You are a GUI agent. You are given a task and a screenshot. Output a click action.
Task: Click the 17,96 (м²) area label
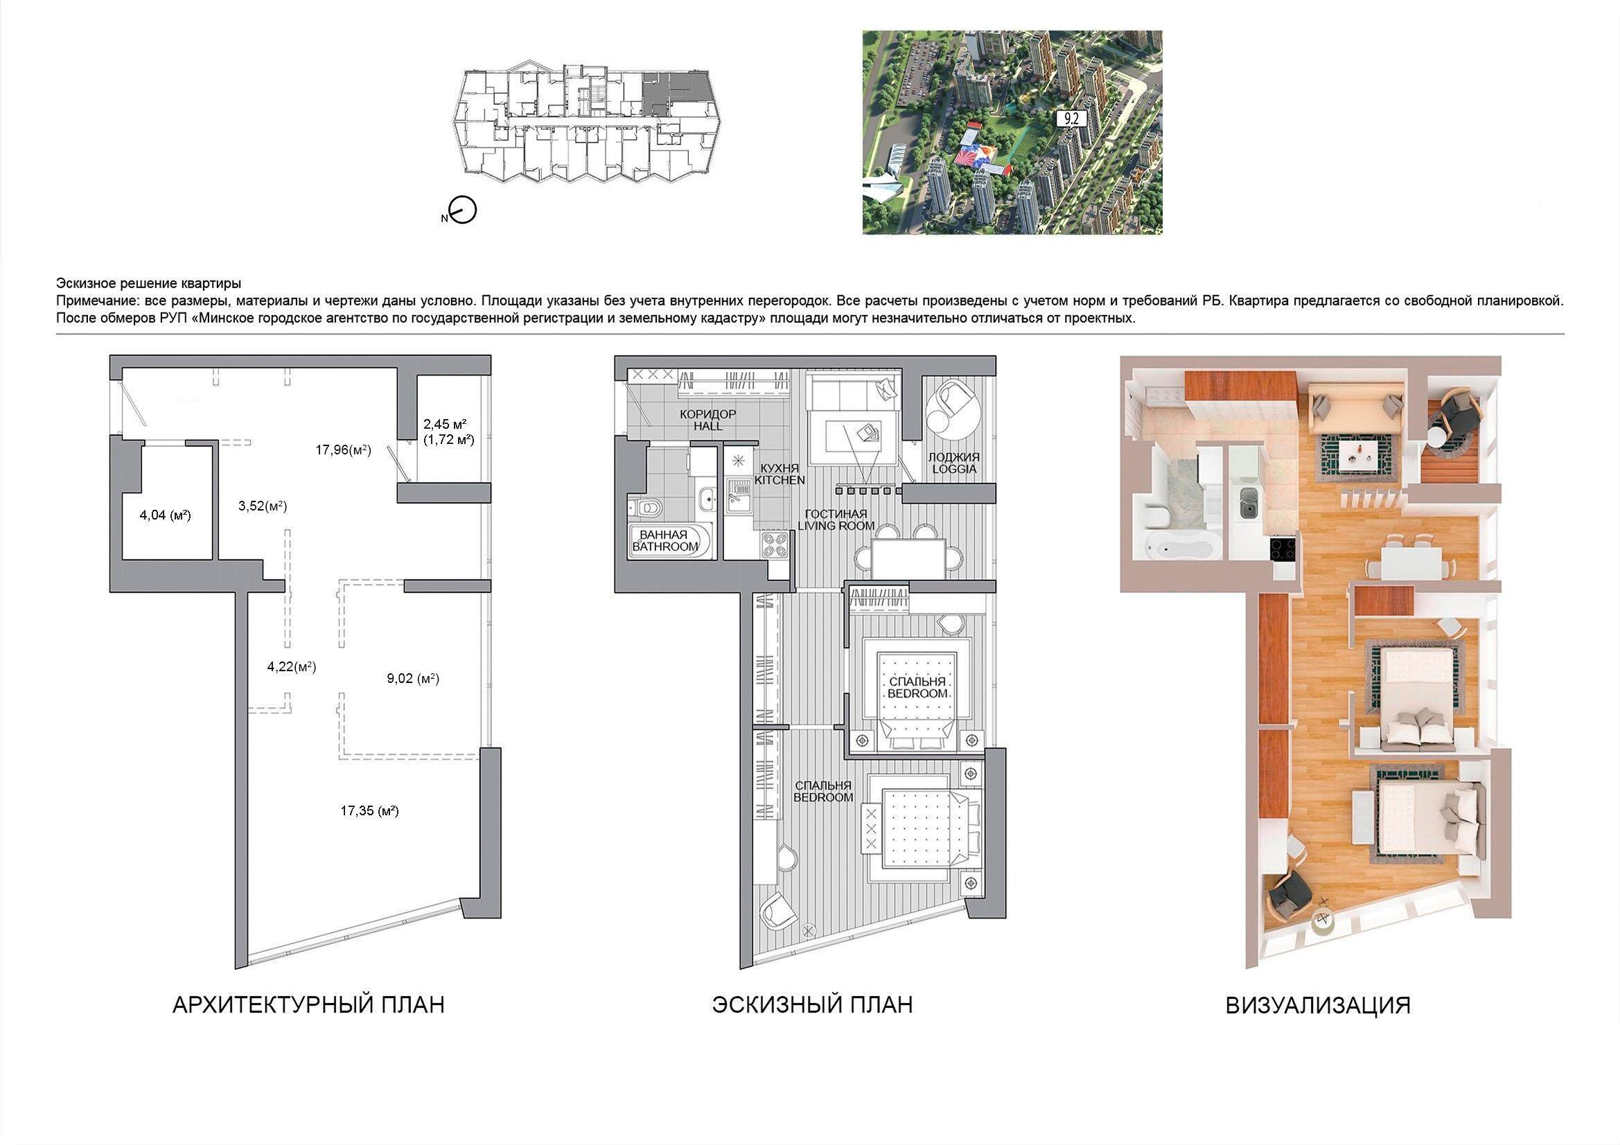click(x=343, y=450)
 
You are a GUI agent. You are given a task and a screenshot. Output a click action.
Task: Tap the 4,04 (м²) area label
click(x=165, y=515)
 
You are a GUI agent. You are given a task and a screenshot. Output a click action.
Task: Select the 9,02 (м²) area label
click(x=413, y=679)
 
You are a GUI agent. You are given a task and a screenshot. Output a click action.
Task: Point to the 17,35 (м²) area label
click(x=370, y=810)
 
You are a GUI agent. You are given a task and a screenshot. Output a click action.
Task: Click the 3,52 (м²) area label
click(x=263, y=506)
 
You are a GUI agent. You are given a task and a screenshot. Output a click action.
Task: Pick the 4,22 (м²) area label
click(x=292, y=666)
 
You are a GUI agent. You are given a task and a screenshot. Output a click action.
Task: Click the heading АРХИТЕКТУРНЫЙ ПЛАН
click(x=308, y=1004)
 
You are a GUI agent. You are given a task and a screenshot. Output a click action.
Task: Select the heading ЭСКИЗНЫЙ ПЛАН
click(x=812, y=1004)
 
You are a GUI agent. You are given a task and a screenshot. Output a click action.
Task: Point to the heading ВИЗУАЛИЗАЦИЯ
click(x=1318, y=1005)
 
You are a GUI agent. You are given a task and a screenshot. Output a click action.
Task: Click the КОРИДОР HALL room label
click(x=707, y=420)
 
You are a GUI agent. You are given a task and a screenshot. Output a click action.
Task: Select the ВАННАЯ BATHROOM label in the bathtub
click(x=664, y=541)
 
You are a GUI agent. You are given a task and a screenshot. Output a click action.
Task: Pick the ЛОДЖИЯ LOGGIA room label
click(x=954, y=463)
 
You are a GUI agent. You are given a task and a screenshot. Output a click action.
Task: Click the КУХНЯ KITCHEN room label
click(x=780, y=474)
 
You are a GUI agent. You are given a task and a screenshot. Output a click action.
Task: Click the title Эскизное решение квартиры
click(x=149, y=283)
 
